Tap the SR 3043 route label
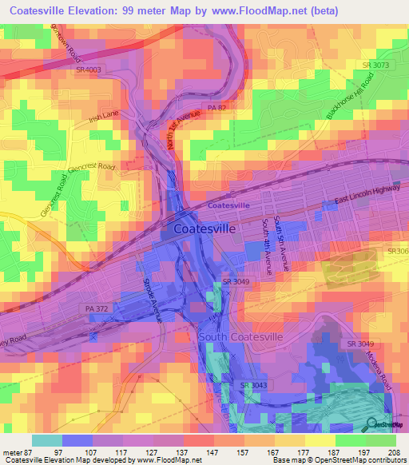(254, 386)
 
